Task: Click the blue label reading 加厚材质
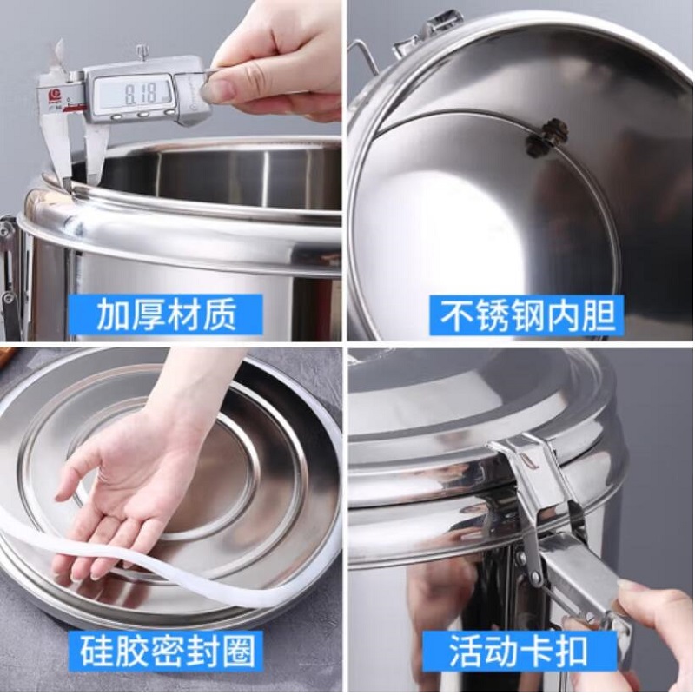(x=166, y=315)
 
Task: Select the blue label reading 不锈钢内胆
(x=527, y=315)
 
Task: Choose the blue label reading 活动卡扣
(x=519, y=652)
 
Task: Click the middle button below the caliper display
(x=144, y=115)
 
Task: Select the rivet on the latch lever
(x=536, y=577)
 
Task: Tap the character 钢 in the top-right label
(x=527, y=315)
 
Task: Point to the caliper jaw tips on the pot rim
(x=80, y=180)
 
